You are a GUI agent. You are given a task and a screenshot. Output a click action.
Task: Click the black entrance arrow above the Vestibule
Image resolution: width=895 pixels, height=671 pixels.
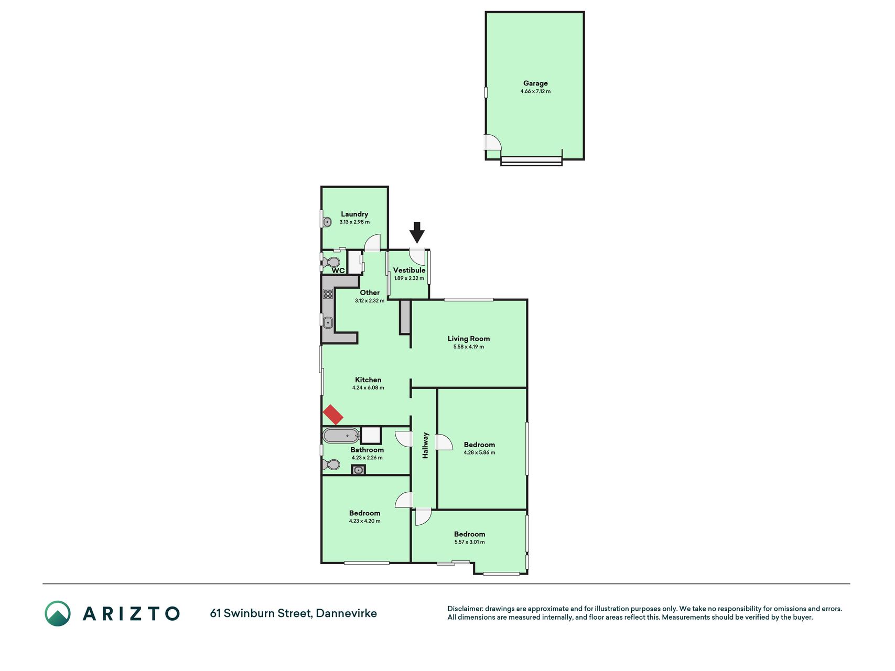(x=417, y=232)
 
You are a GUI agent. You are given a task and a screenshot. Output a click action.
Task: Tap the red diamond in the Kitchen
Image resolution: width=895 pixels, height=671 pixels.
(x=333, y=415)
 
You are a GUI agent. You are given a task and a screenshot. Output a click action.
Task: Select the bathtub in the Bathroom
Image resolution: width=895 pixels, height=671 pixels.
(x=341, y=436)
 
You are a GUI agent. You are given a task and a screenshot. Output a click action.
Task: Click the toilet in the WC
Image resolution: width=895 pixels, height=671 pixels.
(x=331, y=262)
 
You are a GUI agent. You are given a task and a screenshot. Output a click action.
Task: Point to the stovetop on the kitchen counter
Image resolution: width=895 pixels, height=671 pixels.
(x=328, y=294)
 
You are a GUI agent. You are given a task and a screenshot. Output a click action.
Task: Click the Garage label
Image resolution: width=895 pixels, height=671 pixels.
(x=535, y=83)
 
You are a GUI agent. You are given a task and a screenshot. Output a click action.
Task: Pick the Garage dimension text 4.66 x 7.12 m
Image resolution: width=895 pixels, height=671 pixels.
(x=535, y=91)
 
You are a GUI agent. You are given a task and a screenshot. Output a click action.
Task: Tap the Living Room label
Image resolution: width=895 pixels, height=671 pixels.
(x=469, y=339)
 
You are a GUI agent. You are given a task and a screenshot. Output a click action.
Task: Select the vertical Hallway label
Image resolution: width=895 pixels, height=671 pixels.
(x=425, y=446)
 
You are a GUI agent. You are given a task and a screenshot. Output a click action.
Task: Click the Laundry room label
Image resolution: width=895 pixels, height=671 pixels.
(x=354, y=214)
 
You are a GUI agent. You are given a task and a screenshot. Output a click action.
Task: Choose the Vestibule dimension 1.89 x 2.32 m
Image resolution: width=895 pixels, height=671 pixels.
(x=409, y=278)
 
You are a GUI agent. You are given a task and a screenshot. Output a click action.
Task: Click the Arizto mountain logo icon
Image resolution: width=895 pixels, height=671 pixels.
(x=58, y=613)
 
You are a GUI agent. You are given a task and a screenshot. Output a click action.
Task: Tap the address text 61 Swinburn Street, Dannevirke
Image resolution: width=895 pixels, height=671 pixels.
(x=294, y=613)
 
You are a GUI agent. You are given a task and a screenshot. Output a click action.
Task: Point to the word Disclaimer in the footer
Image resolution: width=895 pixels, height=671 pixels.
(x=465, y=609)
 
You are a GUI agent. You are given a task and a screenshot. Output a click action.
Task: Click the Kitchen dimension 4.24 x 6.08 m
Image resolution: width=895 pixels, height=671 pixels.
(x=368, y=388)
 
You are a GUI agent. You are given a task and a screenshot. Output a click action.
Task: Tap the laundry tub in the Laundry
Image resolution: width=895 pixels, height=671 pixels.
(x=327, y=222)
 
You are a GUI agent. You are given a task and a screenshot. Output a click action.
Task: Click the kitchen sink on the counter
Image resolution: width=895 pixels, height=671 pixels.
(x=328, y=322)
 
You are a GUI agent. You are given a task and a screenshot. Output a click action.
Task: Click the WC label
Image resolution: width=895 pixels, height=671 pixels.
(x=338, y=270)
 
